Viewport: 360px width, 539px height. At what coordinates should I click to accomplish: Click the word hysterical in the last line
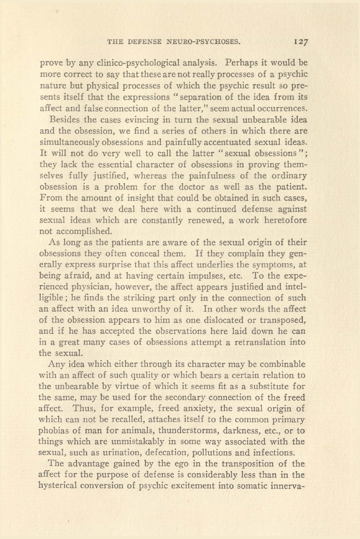tap(60, 486)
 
